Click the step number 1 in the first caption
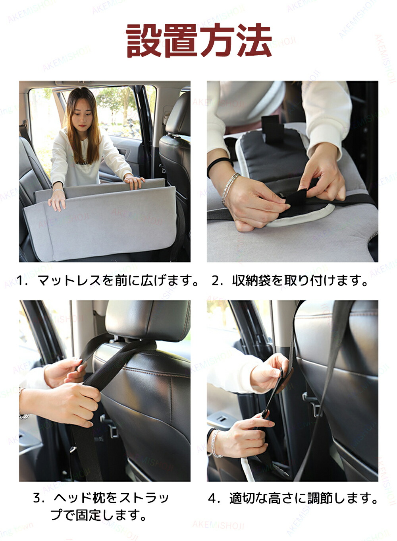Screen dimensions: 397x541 click(20, 281)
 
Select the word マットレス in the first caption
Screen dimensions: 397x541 click(69, 281)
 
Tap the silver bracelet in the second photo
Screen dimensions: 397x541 click(230, 188)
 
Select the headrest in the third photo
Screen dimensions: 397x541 click(148, 320)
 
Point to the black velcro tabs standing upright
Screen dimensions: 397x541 click(272, 129)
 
